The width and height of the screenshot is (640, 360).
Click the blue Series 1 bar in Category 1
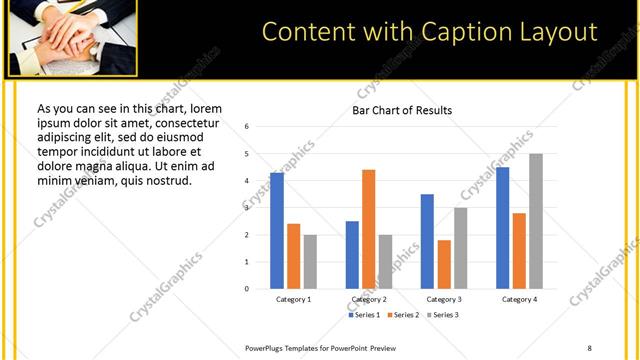click(x=277, y=231)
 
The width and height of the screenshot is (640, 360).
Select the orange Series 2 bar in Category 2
click(x=368, y=229)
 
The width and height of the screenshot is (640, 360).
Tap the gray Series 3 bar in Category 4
click(x=536, y=221)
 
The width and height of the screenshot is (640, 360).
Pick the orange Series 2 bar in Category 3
click(x=444, y=264)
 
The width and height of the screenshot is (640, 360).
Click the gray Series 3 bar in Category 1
click(x=310, y=262)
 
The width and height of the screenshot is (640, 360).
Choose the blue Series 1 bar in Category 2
click(x=352, y=255)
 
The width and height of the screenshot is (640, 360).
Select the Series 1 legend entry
click(x=365, y=315)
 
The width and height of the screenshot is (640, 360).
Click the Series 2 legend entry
click(x=403, y=315)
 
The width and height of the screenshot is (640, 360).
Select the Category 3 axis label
click(x=444, y=299)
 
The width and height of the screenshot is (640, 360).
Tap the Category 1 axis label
click(x=293, y=299)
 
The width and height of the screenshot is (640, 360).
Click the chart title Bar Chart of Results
click(x=401, y=110)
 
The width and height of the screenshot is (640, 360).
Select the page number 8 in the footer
click(x=589, y=347)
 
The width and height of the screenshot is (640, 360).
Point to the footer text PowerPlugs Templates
click(x=290, y=347)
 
